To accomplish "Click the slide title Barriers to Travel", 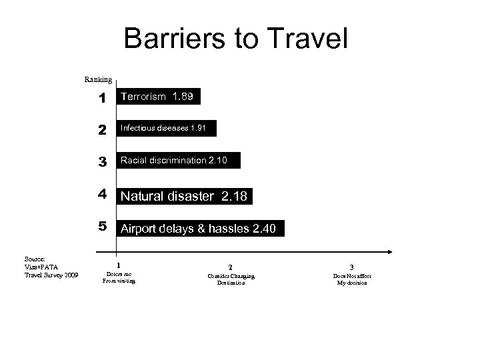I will (236, 39).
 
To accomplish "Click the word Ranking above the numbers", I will (98, 79).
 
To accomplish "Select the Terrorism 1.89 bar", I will (158, 97).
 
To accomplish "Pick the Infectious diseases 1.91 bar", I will (166, 128).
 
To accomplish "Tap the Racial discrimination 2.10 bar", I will (178, 160).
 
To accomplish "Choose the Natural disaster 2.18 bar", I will (185, 196).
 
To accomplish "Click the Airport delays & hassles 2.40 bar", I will (200, 229).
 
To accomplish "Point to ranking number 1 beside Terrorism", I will (102, 99).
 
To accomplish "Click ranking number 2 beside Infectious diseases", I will (102, 130).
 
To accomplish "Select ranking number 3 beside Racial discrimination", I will (102, 161).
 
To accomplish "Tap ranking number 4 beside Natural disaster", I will (102, 195).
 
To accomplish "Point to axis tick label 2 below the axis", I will (231, 266).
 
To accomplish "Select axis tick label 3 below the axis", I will (352, 266).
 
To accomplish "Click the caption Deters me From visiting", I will (119, 277).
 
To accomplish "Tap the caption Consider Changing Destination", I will (231, 279).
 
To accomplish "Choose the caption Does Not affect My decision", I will (352, 279).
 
